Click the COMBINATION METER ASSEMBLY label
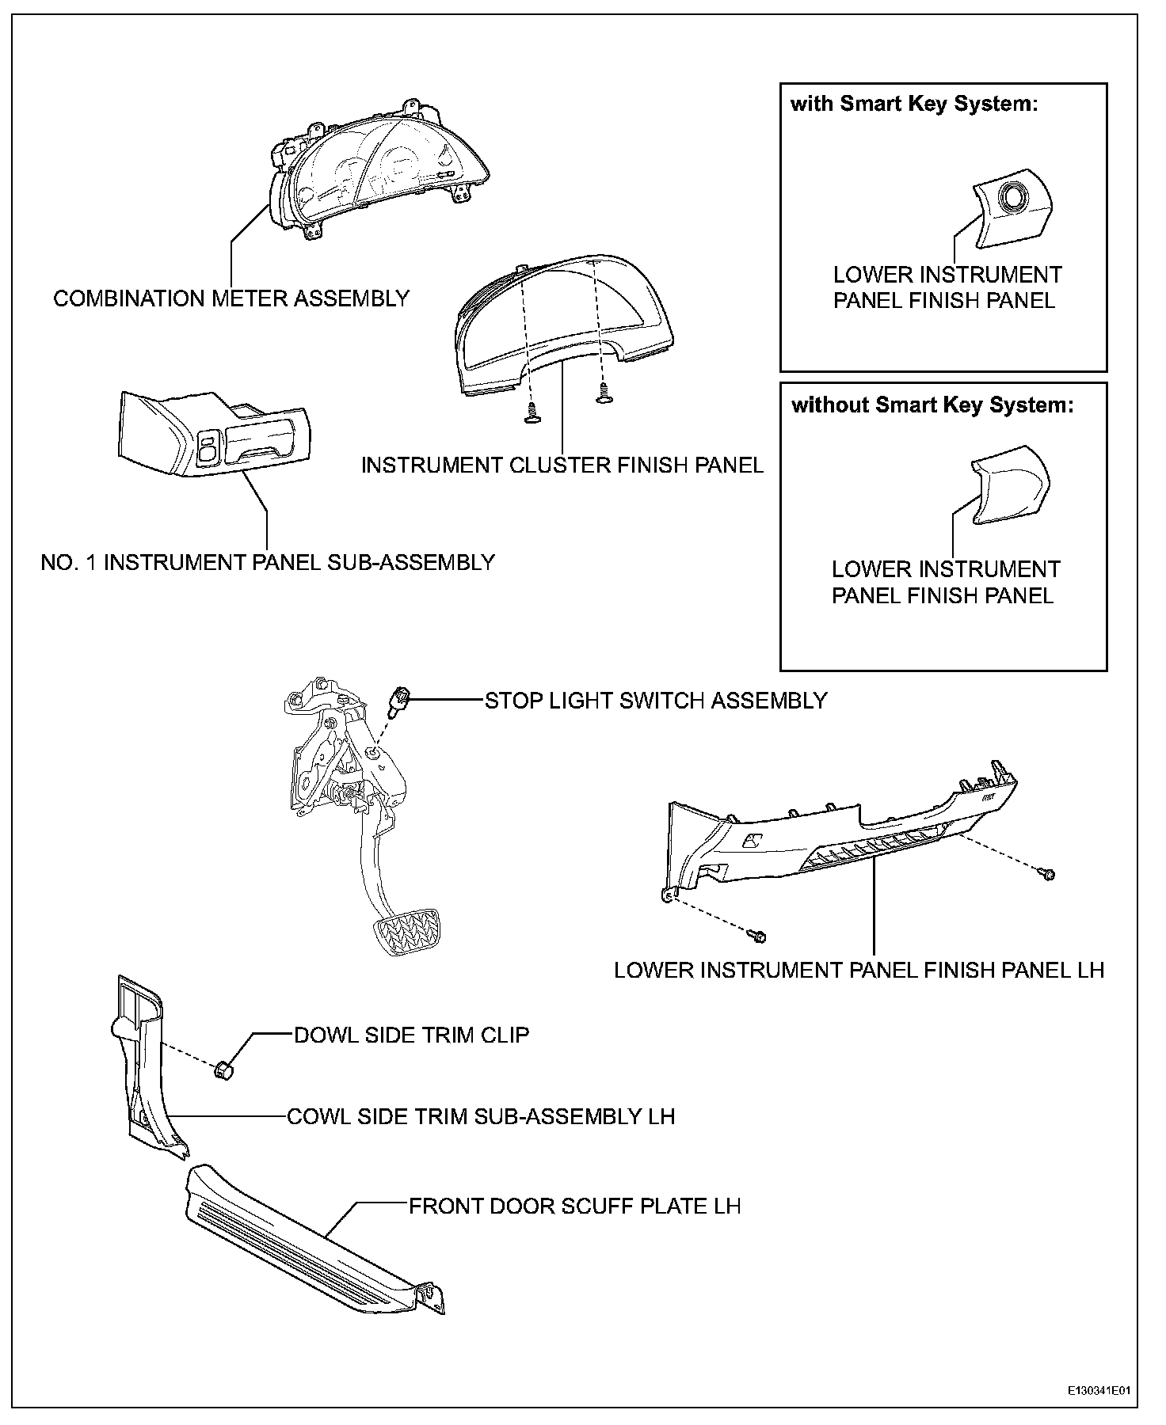click(x=231, y=299)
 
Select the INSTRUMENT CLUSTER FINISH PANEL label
click(x=562, y=465)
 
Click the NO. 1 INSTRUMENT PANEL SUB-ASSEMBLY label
click(x=268, y=563)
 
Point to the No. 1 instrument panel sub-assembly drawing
click(x=214, y=436)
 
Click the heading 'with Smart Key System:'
click(x=914, y=104)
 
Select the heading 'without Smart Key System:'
click(x=933, y=405)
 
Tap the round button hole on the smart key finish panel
click(x=1013, y=196)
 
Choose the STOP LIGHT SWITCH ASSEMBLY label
click(x=656, y=701)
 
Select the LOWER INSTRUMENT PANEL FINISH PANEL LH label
click(x=859, y=971)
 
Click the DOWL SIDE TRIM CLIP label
click(x=411, y=1035)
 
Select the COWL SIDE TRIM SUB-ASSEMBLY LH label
click(x=481, y=1117)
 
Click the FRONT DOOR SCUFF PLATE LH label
click(x=574, y=1206)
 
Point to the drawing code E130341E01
click(x=1098, y=1390)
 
